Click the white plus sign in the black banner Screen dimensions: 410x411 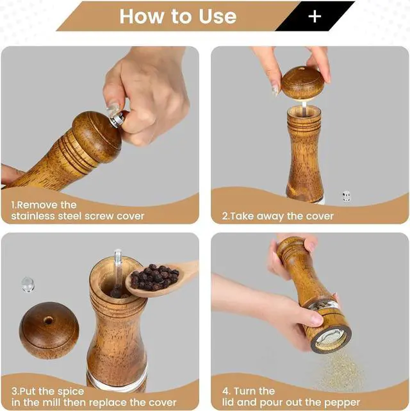315,17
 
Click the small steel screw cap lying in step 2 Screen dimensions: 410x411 346,196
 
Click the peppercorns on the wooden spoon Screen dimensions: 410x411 155,278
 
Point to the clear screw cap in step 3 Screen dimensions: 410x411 28,285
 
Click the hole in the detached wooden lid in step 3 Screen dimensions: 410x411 48,321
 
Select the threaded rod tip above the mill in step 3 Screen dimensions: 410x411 118,255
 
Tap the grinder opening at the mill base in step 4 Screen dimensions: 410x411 331,339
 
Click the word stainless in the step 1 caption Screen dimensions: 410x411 33,216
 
